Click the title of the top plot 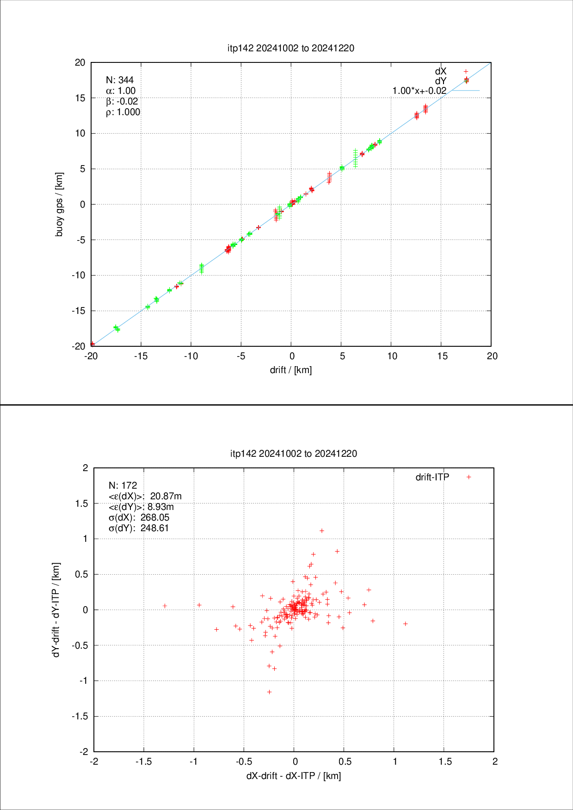[291, 48]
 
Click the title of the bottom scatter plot [294, 454]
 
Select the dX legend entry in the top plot [441, 71]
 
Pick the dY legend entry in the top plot [441, 81]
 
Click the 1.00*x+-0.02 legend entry [419, 91]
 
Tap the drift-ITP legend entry [432, 477]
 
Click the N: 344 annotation [120, 80]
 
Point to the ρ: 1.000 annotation [123, 112]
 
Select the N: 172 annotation [123, 485]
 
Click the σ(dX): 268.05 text [139, 517]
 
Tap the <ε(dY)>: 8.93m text [141, 507]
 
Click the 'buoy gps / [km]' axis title [59, 204]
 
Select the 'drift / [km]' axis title [291, 370]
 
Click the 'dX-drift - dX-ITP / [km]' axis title [294, 776]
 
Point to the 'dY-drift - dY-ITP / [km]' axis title [56, 610]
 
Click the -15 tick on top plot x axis [141, 356]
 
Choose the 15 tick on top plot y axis [80, 98]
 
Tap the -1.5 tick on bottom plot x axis [144, 761]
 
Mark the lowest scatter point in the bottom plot [269, 692]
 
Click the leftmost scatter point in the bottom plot [165, 606]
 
